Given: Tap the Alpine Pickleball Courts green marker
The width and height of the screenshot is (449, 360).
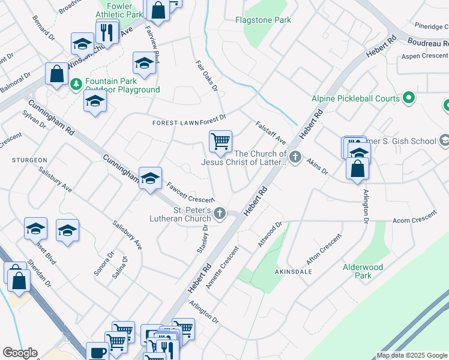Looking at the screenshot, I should pos(409,97).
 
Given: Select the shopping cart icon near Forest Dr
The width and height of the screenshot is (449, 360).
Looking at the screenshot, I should pos(220,142).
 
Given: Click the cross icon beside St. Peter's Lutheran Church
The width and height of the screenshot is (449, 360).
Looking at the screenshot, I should pos(220,212).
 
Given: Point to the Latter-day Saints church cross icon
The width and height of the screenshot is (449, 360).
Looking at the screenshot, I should pos(295,157).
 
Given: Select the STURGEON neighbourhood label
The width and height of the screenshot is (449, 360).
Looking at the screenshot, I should pos(29,160).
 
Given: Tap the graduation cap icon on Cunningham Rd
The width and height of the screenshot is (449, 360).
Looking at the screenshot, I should pos(150,178).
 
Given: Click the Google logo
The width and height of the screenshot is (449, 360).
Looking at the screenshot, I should pos(19,353).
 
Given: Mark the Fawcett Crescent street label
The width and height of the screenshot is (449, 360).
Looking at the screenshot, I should pos(190,192).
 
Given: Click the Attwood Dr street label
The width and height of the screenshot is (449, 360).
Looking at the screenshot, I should pos(270,235).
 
